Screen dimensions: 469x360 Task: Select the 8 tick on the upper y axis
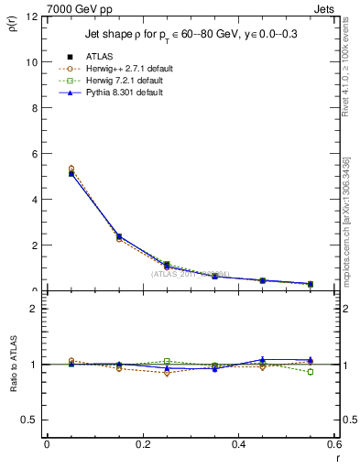coord(34,108)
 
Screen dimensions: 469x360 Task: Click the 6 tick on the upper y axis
coord(34,154)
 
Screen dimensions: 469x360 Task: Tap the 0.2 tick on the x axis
coord(143,445)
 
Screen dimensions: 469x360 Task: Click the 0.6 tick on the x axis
coord(334,445)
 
